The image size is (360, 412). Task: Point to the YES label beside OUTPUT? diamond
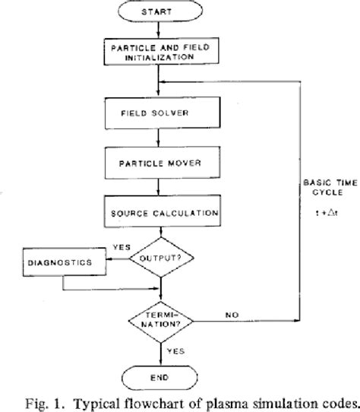(120, 248)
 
